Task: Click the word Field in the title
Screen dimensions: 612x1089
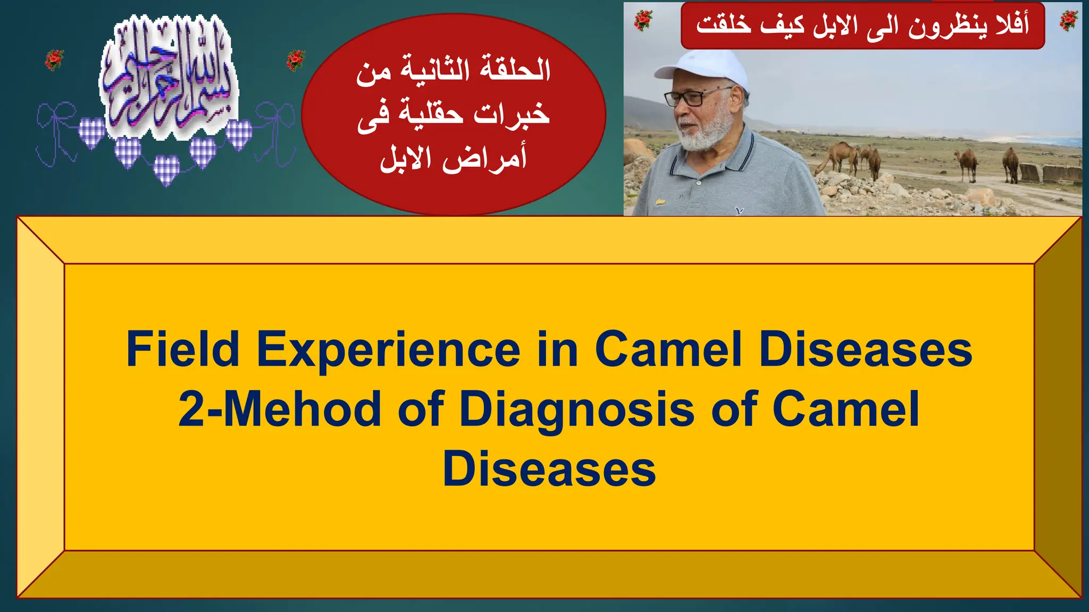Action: click(183, 349)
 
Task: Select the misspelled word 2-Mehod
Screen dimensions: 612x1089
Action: click(279, 409)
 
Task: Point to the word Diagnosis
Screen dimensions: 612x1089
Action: click(577, 409)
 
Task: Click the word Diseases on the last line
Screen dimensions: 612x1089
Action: click(549, 469)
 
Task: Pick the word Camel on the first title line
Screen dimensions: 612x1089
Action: click(668, 349)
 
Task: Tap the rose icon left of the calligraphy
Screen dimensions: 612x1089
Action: click(54, 59)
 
